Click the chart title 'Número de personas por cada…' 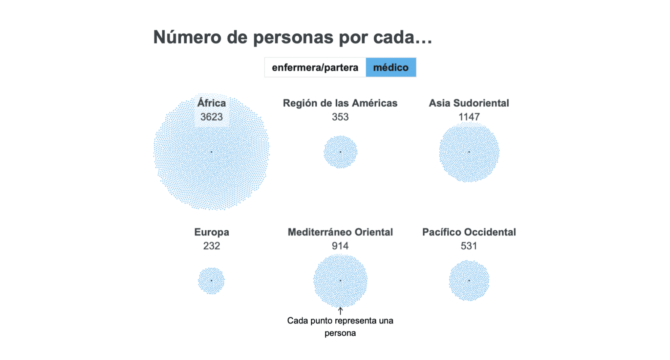click(x=293, y=38)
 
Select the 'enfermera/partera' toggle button click(x=315, y=68)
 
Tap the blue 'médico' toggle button click(x=391, y=68)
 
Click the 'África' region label click(x=211, y=103)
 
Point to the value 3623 click(x=211, y=117)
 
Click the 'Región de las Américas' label click(x=340, y=103)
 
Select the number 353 click(x=340, y=117)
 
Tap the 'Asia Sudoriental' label click(x=469, y=103)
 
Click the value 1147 click(x=469, y=117)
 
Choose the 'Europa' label click(x=211, y=232)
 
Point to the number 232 click(x=211, y=246)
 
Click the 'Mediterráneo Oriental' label click(x=340, y=232)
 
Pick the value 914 click(x=340, y=246)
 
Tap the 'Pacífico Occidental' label click(x=469, y=232)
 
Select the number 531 click(x=469, y=246)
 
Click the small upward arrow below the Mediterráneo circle click(x=340, y=311)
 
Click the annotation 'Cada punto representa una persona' click(x=340, y=327)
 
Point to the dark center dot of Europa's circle click(x=211, y=281)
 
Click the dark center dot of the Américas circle click(x=340, y=152)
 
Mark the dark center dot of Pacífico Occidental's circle click(x=469, y=281)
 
